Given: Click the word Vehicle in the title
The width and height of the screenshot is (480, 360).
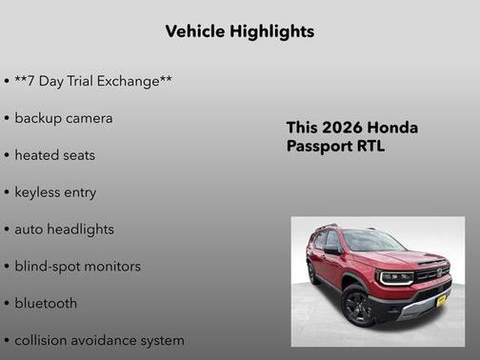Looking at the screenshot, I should pyautogui.click(x=194, y=31).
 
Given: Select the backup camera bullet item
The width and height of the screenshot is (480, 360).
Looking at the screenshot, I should pyautogui.click(x=63, y=118).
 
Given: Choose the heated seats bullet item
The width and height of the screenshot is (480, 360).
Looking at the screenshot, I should pyautogui.click(x=54, y=154).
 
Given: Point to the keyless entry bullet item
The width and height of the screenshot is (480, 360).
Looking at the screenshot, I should pyautogui.click(x=55, y=191).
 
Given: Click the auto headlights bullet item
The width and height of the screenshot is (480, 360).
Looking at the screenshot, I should pyautogui.click(x=64, y=229).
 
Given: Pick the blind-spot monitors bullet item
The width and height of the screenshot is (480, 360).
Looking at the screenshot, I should pyautogui.click(x=77, y=266).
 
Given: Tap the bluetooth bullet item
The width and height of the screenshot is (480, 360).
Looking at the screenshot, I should pyautogui.click(x=46, y=303).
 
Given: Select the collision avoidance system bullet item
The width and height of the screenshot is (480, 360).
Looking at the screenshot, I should pyautogui.click(x=99, y=340).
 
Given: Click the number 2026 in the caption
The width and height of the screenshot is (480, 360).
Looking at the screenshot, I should pyautogui.click(x=337, y=128).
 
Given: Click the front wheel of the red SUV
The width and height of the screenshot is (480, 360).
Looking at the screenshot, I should pyautogui.click(x=357, y=306).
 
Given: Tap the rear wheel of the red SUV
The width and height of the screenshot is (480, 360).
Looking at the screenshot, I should pyautogui.click(x=313, y=273).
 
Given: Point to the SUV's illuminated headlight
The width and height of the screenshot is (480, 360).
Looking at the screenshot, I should pyautogui.click(x=393, y=277).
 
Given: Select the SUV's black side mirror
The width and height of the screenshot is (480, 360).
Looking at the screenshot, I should pyautogui.click(x=332, y=250).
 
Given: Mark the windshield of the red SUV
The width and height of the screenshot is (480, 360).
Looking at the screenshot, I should pyautogui.click(x=370, y=242).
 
